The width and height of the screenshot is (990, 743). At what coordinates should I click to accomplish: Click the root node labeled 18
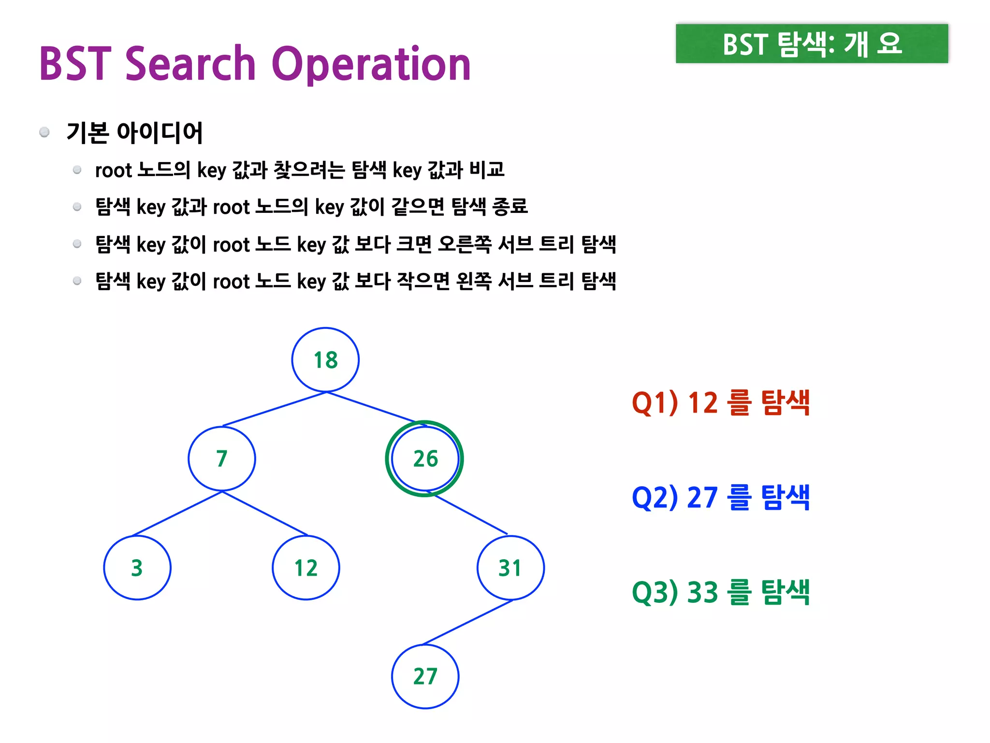tap(325, 360)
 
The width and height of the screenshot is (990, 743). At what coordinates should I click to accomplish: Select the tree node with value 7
tap(222, 459)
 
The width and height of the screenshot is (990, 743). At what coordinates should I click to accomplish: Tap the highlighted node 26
tap(425, 459)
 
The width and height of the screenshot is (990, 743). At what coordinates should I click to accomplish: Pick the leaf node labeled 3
tap(137, 568)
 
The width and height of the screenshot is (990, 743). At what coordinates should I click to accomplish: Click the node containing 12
tap(306, 568)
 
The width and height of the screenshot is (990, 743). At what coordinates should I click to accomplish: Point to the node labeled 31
tap(510, 568)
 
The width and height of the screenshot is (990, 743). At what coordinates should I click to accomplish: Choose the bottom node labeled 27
tap(425, 676)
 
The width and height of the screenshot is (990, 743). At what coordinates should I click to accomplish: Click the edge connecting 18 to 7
tap(275, 409)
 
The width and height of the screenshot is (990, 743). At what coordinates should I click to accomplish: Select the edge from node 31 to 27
tap(467, 623)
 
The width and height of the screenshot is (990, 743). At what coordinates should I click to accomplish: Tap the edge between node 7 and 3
tap(177, 513)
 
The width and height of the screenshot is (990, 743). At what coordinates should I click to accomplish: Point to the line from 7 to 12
tap(264, 513)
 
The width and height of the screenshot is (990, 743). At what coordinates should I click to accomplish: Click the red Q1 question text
tap(720, 402)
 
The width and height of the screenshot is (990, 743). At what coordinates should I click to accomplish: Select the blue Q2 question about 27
tap(720, 497)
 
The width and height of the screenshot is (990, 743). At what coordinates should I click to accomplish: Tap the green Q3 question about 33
tap(720, 592)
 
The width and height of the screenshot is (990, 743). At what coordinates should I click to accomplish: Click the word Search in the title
tap(190, 64)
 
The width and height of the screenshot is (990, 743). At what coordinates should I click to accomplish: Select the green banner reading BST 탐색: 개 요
tap(812, 44)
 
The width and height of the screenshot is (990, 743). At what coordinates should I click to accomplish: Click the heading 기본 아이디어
tap(134, 133)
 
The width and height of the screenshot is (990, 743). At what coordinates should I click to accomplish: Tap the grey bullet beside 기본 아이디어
tap(44, 132)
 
